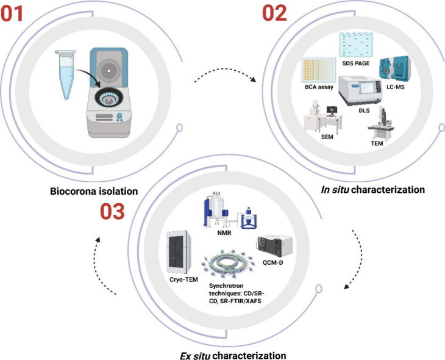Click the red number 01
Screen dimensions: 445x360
12,13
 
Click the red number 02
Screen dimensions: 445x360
274,13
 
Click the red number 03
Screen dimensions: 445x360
112,211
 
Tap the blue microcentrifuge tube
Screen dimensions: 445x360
66,74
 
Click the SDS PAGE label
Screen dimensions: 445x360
355,63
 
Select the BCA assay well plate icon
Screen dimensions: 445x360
318,70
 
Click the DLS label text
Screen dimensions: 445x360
364,110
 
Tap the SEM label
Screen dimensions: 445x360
327,137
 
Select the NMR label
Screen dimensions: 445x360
224,233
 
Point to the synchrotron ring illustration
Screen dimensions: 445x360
229,264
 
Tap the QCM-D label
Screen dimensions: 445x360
272,262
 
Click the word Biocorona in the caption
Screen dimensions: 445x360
73,191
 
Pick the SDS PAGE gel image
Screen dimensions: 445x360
356,45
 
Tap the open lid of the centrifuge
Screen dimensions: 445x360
109,67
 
